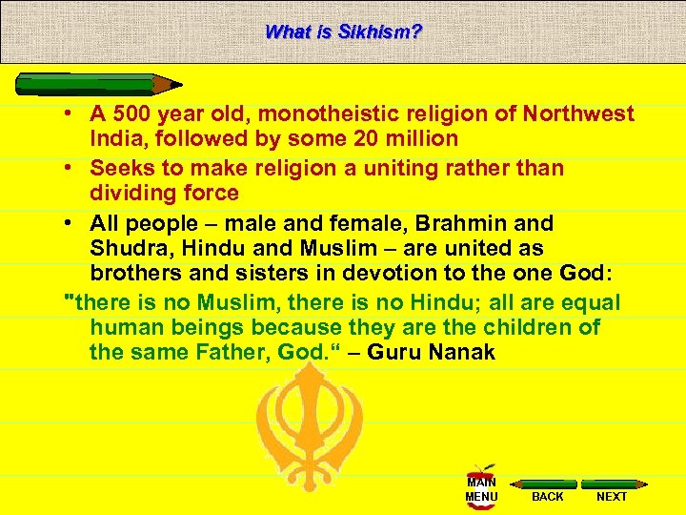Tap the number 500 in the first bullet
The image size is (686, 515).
[x=131, y=114]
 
